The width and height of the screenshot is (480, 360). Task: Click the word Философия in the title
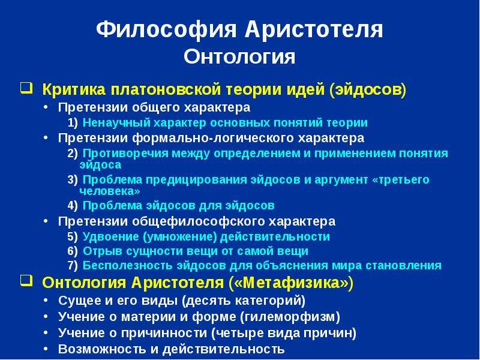[166, 29]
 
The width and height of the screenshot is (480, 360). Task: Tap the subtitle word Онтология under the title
[239, 56]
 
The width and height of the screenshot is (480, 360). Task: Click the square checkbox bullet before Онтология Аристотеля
[26, 280]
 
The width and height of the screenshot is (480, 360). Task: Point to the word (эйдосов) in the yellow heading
[368, 90]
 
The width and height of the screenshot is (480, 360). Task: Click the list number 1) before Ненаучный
[73, 123]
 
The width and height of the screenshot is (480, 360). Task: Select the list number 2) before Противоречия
[73, 154]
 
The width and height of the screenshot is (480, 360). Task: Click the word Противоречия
[125, 153]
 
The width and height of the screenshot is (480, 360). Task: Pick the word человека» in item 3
[110, 191]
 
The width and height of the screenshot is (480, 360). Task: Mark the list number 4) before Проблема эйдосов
[73, 206]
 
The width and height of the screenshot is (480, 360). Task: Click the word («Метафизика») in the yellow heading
[291, 283]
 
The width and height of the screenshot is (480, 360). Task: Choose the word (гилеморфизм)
[290, 317]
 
